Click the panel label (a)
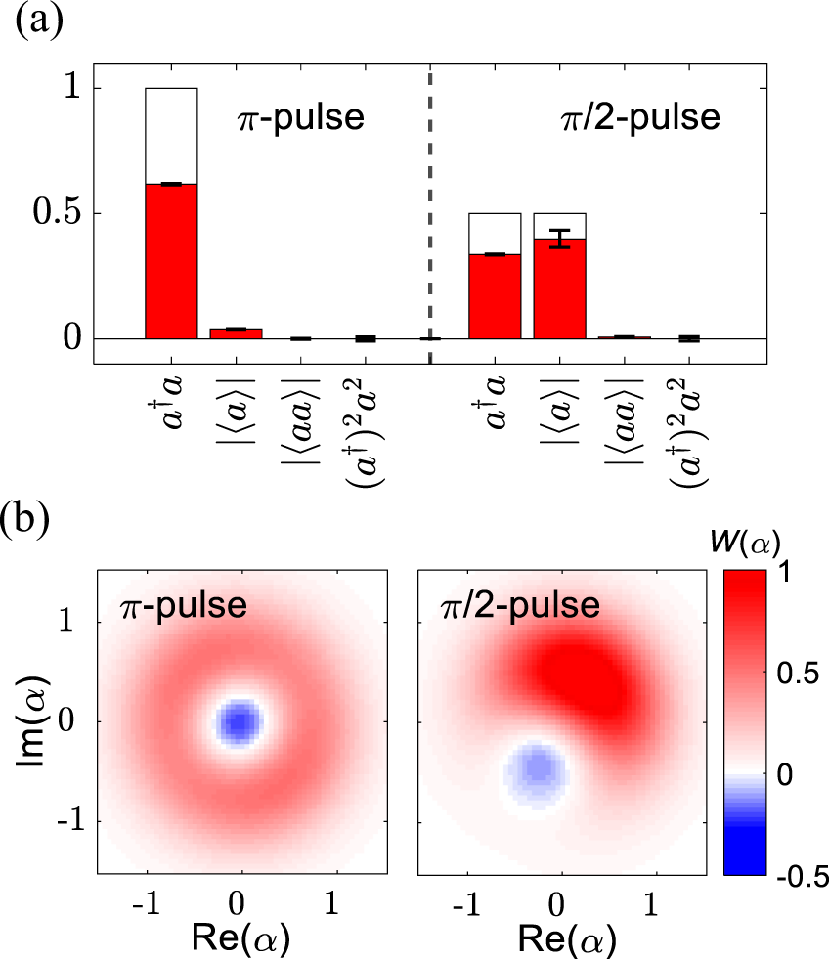point(40,21)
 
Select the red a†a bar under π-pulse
point(171,261)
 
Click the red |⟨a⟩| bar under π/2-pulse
point(559,288)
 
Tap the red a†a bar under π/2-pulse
point(495,296)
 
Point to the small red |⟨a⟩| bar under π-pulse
point(236,333)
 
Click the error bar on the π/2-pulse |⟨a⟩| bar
point(559,238)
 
